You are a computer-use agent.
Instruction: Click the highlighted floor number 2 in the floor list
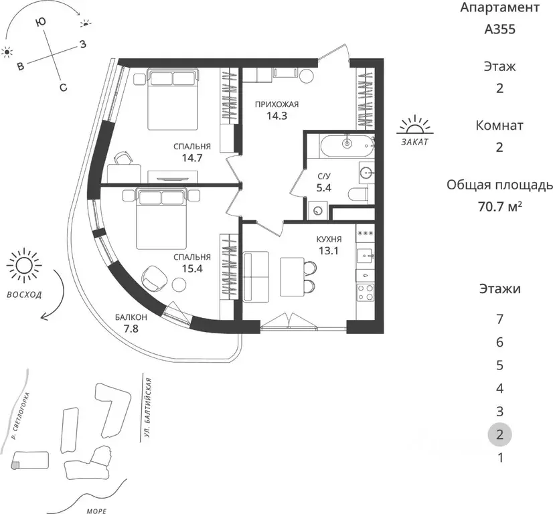499,434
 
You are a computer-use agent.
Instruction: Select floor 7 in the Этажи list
499,319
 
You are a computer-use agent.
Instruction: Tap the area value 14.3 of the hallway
276,116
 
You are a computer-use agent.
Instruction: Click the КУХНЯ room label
329,240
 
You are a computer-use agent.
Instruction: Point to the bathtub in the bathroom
347,146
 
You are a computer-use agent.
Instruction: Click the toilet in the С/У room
358,194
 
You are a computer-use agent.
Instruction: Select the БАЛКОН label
131,317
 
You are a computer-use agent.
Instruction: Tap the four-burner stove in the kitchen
365,292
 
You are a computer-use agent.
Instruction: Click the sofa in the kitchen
252,276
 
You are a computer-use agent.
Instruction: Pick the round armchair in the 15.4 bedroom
153,277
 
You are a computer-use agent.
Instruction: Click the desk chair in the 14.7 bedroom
123,158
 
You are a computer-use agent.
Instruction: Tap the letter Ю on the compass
41,22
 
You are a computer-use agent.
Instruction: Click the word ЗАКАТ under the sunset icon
415,142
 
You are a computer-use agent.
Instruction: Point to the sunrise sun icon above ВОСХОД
24,266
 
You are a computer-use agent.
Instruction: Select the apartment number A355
499,29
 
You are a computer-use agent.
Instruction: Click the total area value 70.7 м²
499,206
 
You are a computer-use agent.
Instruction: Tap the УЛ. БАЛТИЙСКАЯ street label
148,408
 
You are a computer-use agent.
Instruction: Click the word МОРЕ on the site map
96,511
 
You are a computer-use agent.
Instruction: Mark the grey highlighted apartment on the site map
15,466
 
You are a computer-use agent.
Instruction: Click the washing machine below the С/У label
318,211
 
